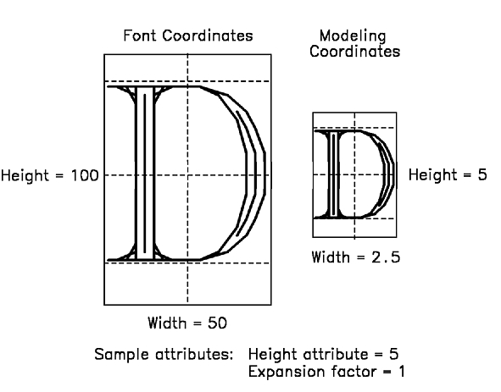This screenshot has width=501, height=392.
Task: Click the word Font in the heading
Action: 141,36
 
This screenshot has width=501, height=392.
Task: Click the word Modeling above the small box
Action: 353,36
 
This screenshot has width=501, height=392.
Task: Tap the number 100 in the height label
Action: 85,175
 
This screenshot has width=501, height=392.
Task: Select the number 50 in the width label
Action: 218,323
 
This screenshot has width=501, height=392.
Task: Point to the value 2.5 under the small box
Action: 386,257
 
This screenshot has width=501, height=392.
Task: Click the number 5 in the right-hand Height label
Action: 482,174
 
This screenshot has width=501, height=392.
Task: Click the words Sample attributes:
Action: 164,355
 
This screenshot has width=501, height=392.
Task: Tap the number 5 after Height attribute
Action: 394,354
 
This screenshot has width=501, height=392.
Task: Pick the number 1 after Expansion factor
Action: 402,372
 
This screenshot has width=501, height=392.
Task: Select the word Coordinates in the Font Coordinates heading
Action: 208,36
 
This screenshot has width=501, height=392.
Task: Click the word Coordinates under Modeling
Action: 354,52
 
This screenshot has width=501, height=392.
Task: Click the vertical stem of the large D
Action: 145,173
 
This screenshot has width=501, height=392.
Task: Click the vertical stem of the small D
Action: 333,174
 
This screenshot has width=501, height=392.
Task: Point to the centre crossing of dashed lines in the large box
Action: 187,175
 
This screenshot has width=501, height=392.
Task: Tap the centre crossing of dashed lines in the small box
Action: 354,174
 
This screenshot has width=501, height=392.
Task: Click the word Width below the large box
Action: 167,323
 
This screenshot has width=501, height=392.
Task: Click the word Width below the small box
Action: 331,257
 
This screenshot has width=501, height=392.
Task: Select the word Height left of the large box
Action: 25,176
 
